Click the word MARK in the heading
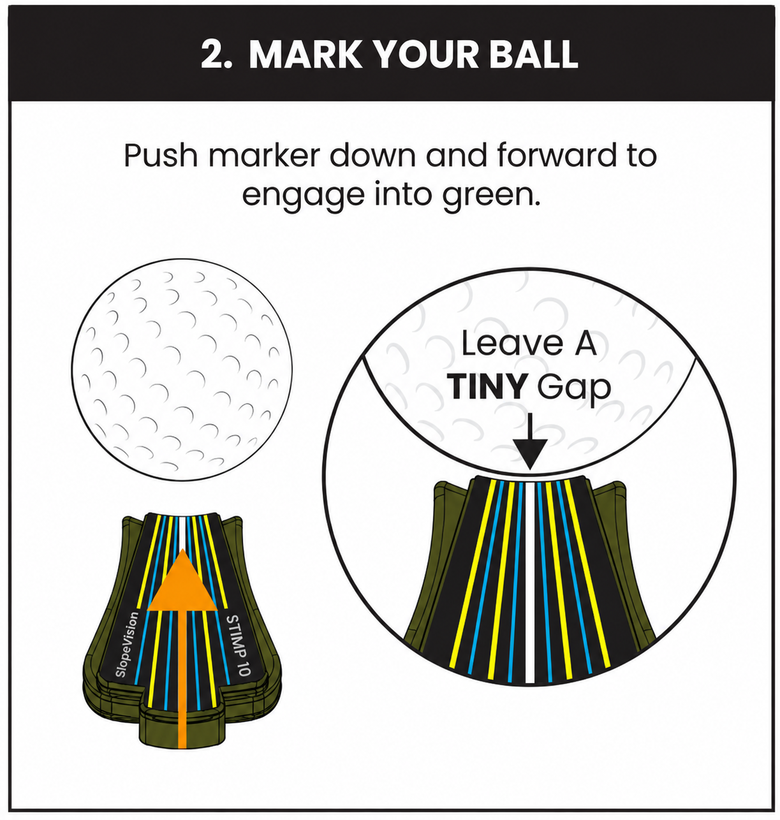[x=305, y=54]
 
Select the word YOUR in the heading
[x=425, y=54]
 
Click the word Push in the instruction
[x=160, y=155]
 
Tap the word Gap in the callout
[x=574, y=388]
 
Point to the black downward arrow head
[x=530, y=455]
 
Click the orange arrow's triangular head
[x=182, y=584]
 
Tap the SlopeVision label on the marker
[x=126, y=645]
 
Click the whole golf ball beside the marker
[x=182, y=370]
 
